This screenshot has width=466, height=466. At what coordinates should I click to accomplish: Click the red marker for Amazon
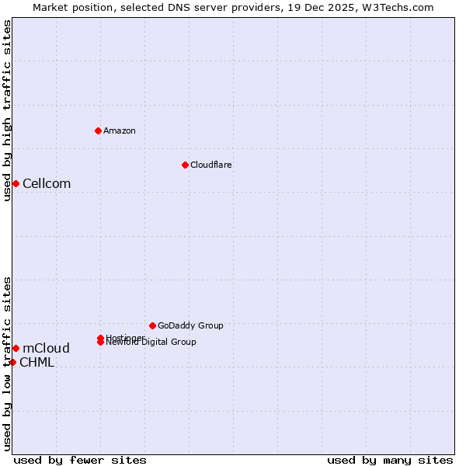98,130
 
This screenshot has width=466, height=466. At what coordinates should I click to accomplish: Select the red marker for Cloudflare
185,165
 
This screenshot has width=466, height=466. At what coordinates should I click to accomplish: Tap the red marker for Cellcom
16,183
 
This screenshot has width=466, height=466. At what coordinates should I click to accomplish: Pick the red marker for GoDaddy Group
152,325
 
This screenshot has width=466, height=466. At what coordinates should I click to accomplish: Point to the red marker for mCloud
16,348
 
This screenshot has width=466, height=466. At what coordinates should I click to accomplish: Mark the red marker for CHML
12,362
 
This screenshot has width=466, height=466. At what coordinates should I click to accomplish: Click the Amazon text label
120,130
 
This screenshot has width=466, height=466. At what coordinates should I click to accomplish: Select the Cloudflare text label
211,165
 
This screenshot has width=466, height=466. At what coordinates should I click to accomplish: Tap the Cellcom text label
47,183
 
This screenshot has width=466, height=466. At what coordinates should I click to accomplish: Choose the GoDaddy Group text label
190,325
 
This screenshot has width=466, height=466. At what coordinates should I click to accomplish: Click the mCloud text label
46,348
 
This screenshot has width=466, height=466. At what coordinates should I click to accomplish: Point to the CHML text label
37,362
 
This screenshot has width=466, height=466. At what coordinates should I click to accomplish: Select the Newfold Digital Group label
151,343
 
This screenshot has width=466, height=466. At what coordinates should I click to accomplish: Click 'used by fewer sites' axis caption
80,460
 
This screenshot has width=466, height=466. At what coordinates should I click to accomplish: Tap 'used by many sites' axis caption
390,460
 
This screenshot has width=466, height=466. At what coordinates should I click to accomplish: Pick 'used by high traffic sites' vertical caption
7,110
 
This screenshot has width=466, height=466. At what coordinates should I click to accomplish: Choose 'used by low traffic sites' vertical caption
7,363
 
